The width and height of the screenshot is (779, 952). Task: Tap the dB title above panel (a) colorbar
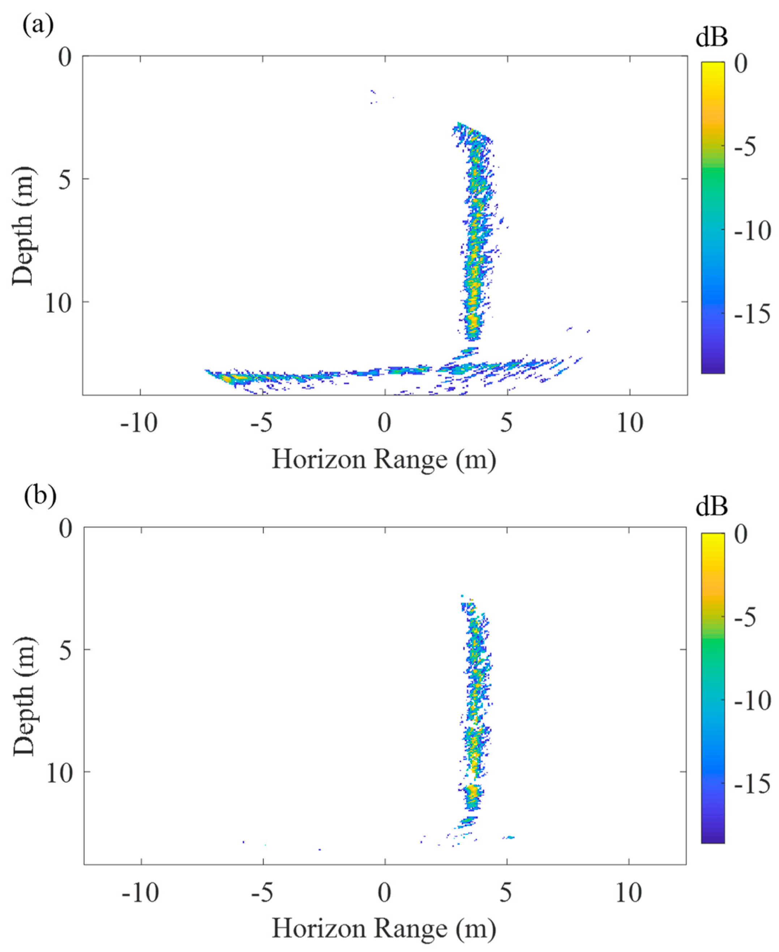(x=712, y=38)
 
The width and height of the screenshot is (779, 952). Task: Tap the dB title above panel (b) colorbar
(x=712, y=507)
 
